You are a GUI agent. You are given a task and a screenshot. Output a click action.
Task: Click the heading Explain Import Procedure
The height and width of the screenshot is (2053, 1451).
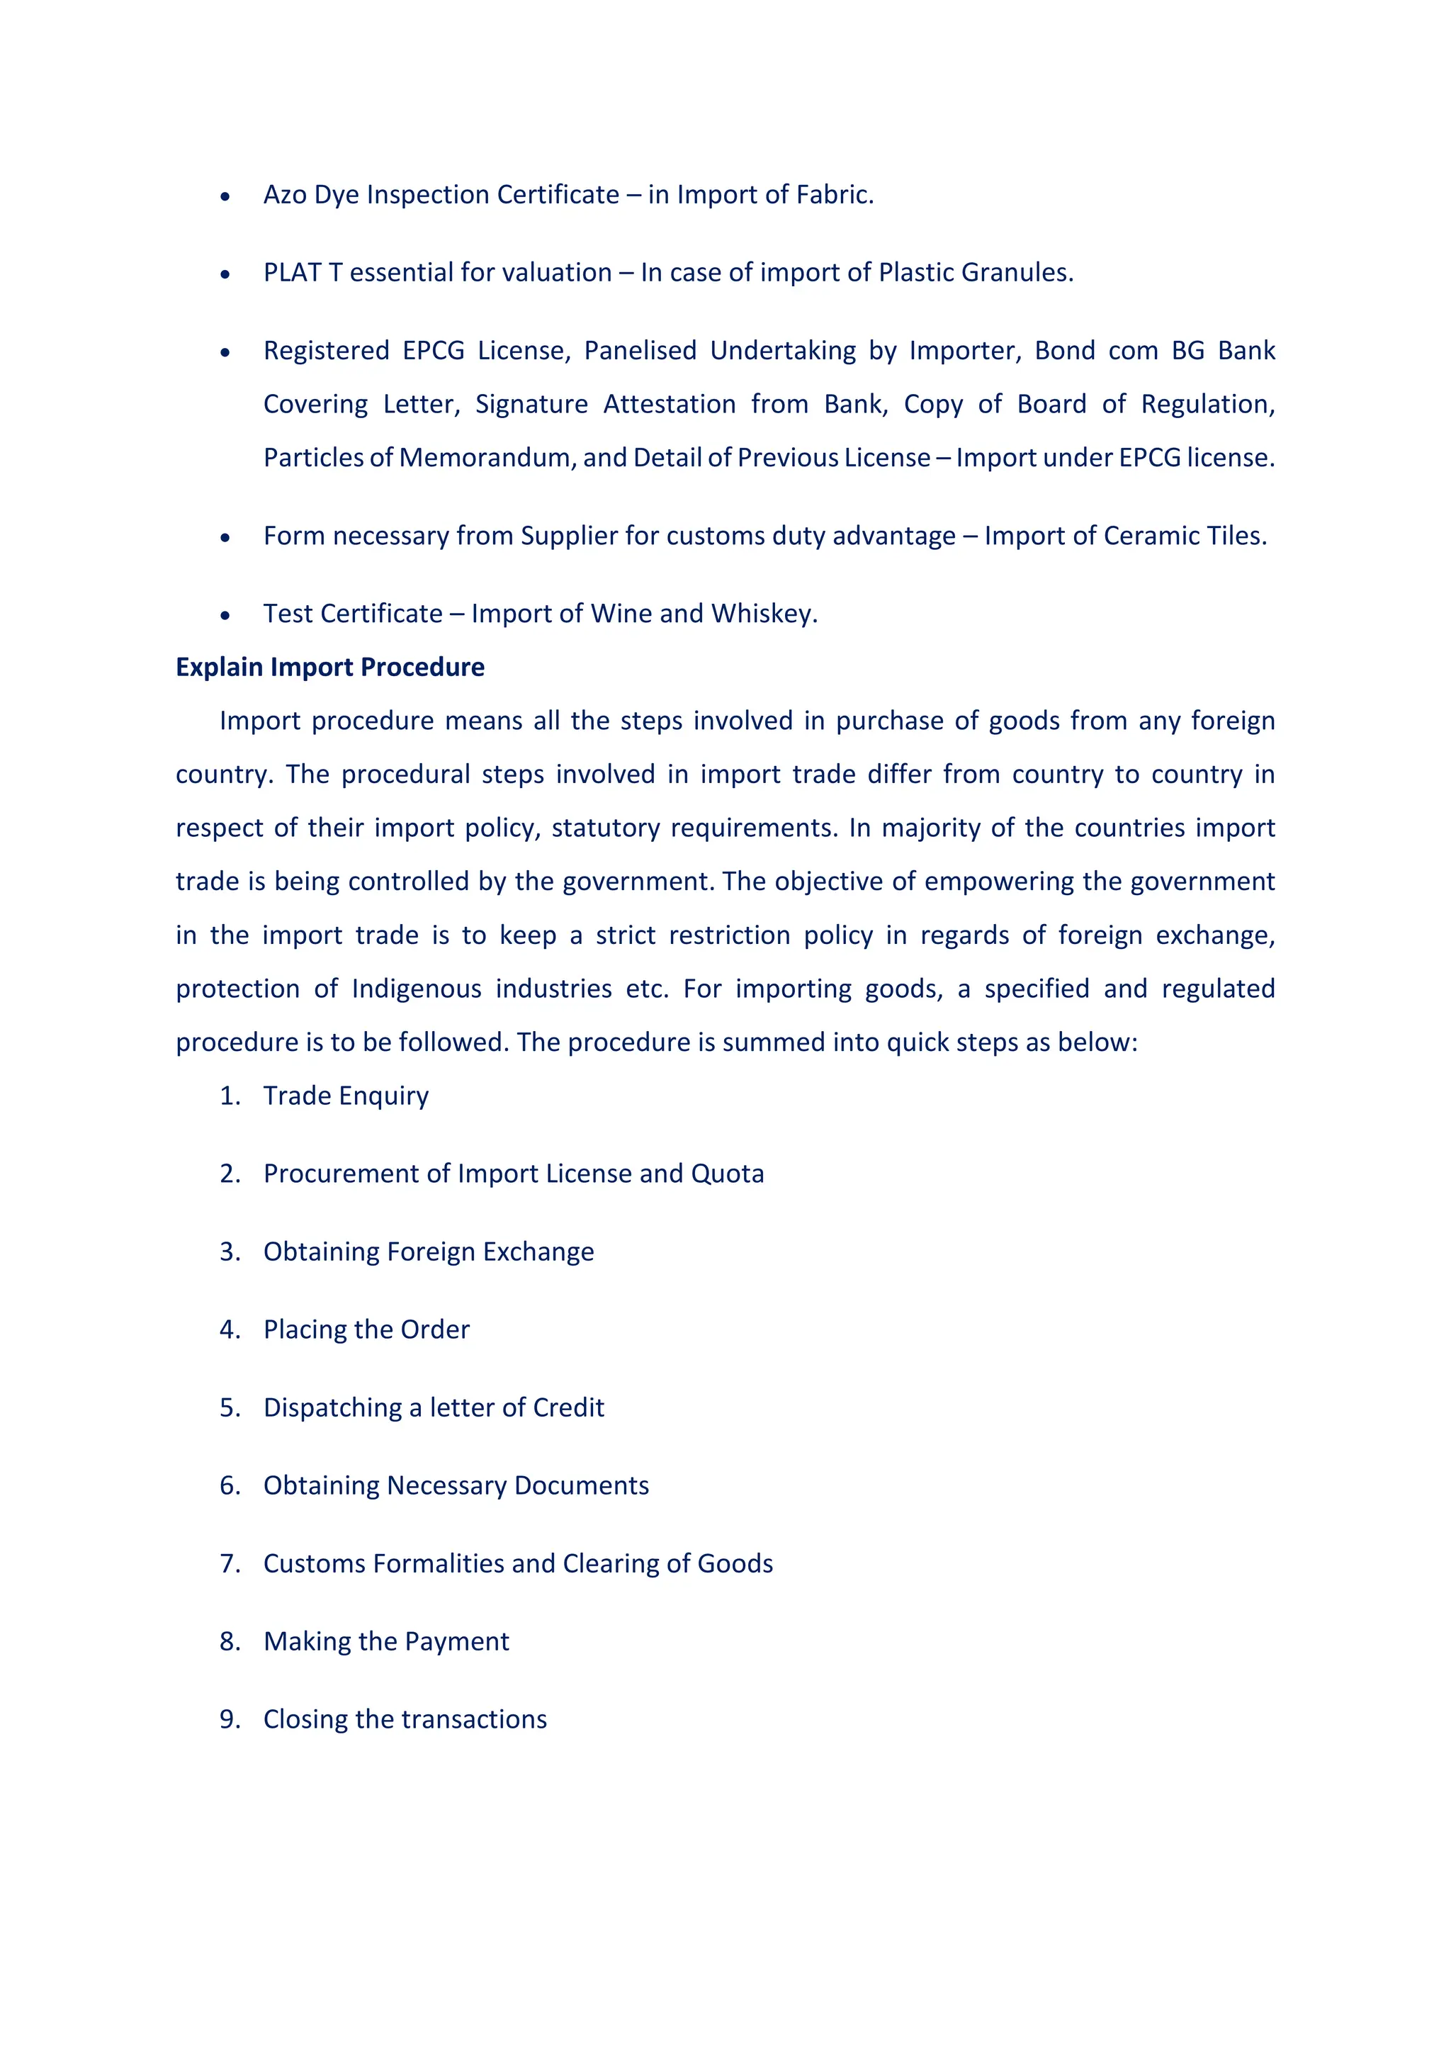point(330,667)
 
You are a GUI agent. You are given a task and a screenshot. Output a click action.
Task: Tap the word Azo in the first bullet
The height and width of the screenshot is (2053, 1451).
point(284,194)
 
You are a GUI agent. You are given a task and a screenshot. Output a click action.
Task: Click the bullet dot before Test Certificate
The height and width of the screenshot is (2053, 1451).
point(225,615)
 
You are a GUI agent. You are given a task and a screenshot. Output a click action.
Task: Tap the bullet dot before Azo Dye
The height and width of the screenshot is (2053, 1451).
point(225,196)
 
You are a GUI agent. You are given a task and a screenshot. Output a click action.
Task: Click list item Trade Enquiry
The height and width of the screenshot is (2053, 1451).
point(346,1096)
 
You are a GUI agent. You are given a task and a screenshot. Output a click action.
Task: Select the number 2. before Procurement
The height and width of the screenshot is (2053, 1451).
point(230,1174)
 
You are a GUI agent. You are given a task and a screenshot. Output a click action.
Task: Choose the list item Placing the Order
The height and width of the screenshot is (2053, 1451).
point(366,1329)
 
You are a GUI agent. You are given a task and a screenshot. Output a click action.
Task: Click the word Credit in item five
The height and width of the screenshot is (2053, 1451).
point(569,1407)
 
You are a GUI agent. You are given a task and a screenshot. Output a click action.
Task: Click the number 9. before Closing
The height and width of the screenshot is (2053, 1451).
point(230,1719)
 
